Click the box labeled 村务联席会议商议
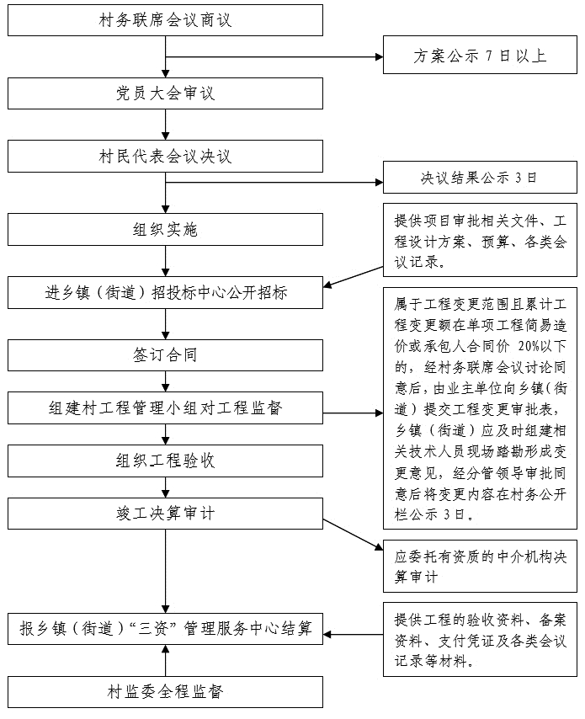click(165, 20)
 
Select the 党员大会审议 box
click(165, 93)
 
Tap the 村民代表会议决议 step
click(165, 157)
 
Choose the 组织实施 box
click(165, 229)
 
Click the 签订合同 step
click(165, 355)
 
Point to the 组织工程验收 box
click(165, 461)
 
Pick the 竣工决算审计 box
click(165, 513)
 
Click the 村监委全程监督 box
click(165, 691)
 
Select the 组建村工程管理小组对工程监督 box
click(165, 407)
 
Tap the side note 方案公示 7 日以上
click(480, 55)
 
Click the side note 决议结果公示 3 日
click(480, 178)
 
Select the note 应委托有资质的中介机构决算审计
click(480, 567)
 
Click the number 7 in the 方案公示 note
click(489, 56)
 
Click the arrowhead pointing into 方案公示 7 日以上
click(379, 57)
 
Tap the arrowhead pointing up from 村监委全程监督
click(166, 649)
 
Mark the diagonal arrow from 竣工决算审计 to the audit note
click(353, 535)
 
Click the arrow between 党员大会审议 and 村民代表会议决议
click(166, 125)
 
